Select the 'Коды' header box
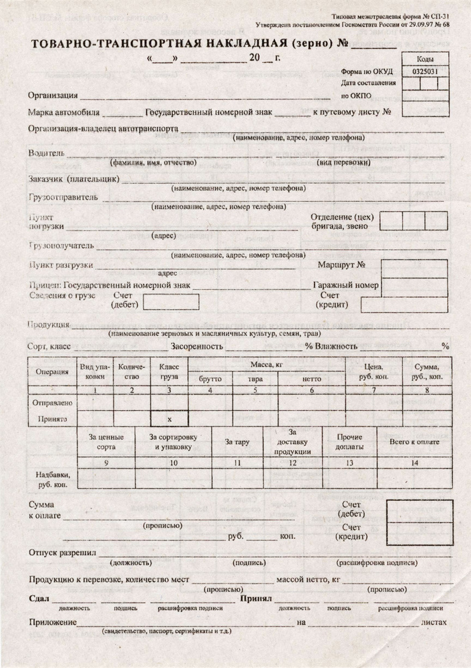[428, 59]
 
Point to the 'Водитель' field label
[47, 153]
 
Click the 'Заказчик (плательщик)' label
[74, 179]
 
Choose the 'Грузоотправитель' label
[63, 197]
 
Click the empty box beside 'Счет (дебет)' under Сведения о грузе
[171, 300]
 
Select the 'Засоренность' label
[196, 347]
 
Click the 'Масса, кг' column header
[267, 365]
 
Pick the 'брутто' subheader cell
[210, 379]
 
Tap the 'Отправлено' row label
[52, 403]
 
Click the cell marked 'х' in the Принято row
[169, 419]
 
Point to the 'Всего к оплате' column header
[414, 442]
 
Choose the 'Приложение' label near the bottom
[52, 622]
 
